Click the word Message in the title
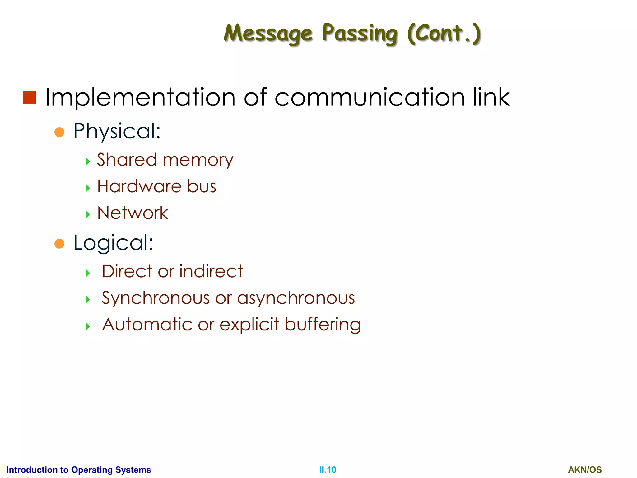tap(268, 34)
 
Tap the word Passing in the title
tap(360, 34)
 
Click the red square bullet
tap(30, 98)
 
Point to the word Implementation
tap(140, 97)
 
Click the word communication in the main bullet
tap(370, 97)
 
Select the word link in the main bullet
tap(491, 97)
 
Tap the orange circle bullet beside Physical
tap(59, 132)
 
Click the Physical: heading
tap(117, 131)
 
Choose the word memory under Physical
tap(198, 161)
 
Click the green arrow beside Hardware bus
tap(88, 188)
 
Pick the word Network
tap(133, 213)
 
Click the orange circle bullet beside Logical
tap(59, 244)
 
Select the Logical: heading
tap(113, 243)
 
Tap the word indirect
tap(211, 271)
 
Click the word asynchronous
tap(296, 298)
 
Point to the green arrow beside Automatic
tap(88, 326)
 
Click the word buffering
tap(323, 325)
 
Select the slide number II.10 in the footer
tap(328, 470)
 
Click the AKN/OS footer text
tap(585, 470)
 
